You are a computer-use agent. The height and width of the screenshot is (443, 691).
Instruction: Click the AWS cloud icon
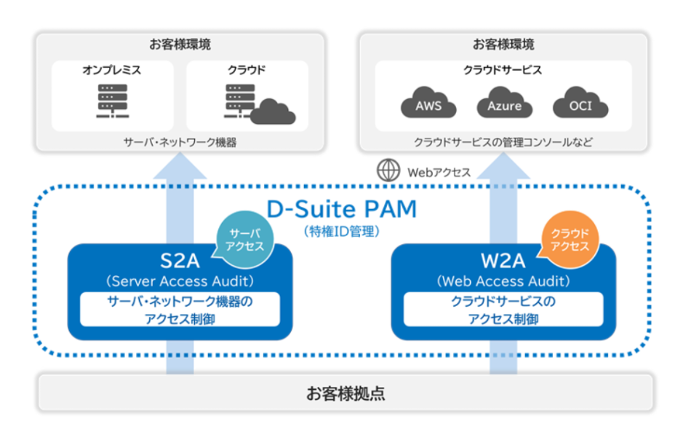pos(428,104)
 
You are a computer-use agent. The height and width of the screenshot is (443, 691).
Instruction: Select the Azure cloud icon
pos(504,104)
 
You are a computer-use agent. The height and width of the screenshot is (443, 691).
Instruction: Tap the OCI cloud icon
pos(580,104)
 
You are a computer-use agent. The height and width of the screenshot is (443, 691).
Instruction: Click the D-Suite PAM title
pos(341,209)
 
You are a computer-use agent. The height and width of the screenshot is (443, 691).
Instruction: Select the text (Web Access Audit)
pos(503,281)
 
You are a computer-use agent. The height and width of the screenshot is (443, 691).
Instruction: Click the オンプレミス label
pos(111,71)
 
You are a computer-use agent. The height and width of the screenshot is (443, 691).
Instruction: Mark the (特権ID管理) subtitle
pos(341,231)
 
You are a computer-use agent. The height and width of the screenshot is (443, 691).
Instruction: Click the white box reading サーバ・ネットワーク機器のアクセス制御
pos(180,309)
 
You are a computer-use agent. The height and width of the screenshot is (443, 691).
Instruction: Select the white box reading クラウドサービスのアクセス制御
pos(503,309)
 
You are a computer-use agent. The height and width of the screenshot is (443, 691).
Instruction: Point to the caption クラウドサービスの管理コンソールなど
pos(503,142)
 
